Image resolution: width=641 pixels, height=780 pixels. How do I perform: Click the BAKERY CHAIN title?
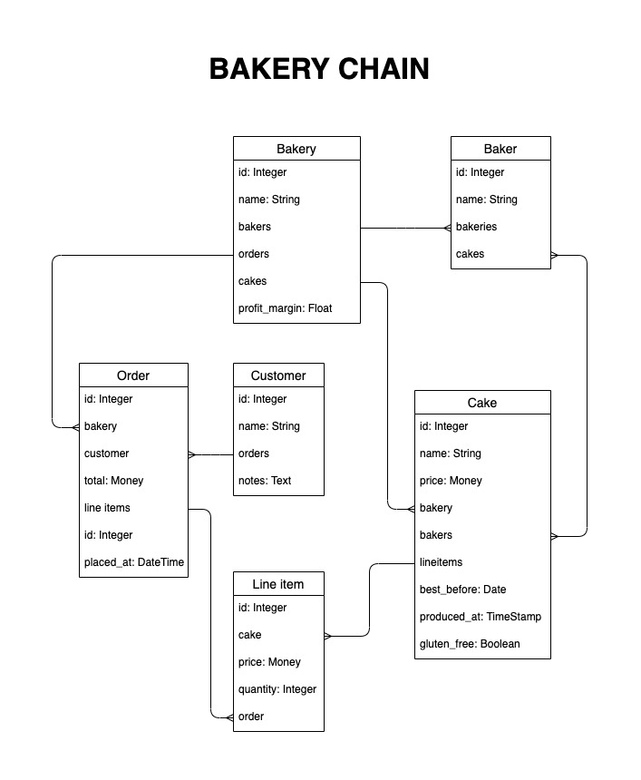pos(319,69)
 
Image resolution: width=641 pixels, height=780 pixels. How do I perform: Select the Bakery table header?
pos(296,149)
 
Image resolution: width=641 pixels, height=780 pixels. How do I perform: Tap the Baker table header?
pos(500,149)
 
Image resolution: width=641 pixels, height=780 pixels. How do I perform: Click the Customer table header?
pos(278,375)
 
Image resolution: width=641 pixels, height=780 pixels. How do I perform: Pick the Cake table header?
pos(482,403)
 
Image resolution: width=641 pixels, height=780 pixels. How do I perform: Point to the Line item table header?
pos(278,584)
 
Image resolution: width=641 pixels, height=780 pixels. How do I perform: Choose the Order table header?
pos(133,375)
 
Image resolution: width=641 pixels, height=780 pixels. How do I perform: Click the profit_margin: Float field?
pos(285,308)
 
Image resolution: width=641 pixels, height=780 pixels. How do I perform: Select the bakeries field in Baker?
pos(476,227)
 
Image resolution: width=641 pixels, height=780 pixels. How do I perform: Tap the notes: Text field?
pos(265,481)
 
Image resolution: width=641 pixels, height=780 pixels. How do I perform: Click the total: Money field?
pos(114,481)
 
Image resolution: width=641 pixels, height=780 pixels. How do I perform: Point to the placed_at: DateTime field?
pos(134,562)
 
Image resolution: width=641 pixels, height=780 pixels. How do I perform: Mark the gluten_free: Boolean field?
pos(470,644)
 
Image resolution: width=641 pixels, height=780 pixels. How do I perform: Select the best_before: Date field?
pos(462,590)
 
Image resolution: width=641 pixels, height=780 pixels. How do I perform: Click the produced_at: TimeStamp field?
pos(481,617)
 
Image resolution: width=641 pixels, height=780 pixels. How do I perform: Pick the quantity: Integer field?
pos(277,689)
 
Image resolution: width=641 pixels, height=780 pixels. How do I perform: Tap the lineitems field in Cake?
pos(441,562)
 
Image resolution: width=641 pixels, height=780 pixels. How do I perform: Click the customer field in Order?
pos(106,453)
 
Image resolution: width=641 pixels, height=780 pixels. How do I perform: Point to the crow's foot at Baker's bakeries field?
pos(448,229)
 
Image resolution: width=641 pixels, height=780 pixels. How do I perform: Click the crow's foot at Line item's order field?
pos(229,717)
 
